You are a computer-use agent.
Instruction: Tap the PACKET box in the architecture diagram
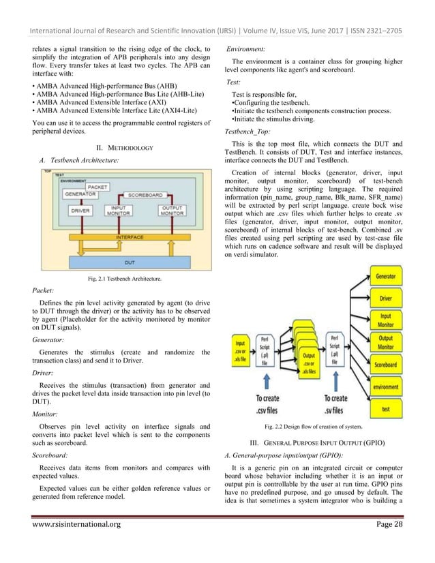coord(97,185)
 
